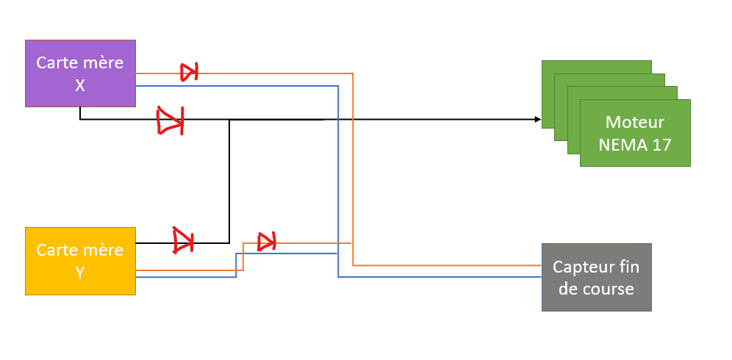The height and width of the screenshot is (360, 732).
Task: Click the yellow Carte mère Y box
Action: (x=80, y=261)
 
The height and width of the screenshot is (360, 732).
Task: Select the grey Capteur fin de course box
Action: (x=596, y=277)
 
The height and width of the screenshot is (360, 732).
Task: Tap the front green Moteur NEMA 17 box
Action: (x=635, y=133)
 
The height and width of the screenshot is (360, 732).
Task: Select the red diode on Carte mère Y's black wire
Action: (x=183, y=240)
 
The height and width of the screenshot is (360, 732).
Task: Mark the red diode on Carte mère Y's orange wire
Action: (x=267, y=240)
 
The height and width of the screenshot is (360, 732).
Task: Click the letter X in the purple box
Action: (x=80, y=85)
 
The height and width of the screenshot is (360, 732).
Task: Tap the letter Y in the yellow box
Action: (x=80, y=273)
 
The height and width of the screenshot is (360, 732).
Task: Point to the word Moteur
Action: (x=635, y=122)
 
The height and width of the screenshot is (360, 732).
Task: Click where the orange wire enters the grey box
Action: (x=541, y=265)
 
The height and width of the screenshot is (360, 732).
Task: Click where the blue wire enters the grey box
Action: (x=541, y=277)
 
